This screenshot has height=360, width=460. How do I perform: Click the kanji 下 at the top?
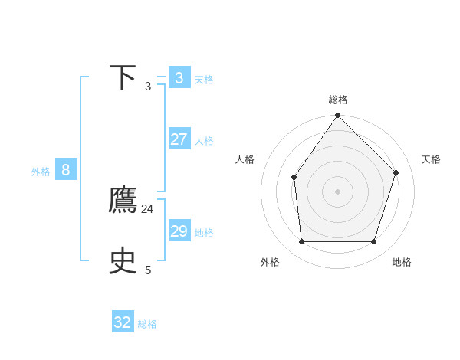[123, 78]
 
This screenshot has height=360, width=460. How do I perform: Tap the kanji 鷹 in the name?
[123, 200]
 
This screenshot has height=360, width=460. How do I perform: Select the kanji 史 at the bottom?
[123, 261]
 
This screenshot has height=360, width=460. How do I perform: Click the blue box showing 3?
[179, 77]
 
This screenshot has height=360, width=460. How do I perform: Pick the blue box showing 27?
[179, 139]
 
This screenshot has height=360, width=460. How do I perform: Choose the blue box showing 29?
[179, 231]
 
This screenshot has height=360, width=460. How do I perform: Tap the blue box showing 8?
[66, 170]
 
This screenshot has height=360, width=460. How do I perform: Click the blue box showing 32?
[123, 322]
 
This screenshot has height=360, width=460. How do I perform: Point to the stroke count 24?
[147, 209]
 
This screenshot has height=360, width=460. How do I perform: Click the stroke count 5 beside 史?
[148, 270]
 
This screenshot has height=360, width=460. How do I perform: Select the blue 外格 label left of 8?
[41, 172]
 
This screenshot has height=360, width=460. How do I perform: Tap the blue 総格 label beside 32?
[147, 324]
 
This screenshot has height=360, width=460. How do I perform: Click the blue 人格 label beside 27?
[204, 141]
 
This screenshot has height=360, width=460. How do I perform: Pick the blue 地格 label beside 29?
[204, 233]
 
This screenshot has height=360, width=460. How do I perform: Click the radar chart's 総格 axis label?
[338, 100]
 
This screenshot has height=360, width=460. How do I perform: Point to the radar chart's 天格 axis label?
[431, 159]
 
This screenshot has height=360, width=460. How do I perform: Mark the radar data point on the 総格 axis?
[338, 115]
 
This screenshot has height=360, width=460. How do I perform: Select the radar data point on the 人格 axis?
[294, 178]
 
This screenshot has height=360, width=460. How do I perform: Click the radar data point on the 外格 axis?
[302, 242]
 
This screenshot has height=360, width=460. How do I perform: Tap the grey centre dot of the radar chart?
[338, 191]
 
